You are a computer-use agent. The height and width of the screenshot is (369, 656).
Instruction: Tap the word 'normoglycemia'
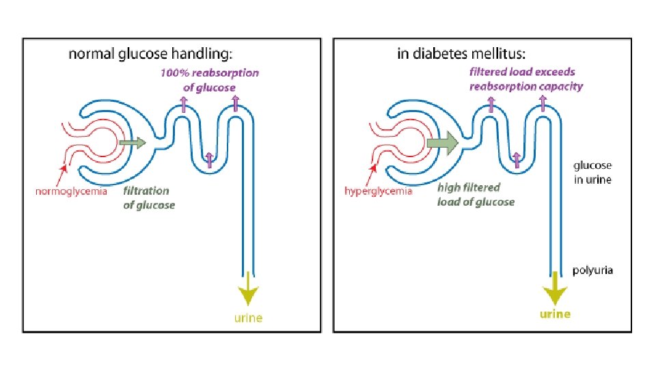point(71,191)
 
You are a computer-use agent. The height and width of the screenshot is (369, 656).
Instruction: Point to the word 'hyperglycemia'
point(378,191)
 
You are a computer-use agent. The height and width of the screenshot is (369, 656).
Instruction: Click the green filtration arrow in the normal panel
point(132,143)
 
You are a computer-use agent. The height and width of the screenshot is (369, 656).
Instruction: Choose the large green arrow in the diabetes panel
point(442,143)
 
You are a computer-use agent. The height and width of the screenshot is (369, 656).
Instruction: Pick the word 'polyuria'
point(592,270)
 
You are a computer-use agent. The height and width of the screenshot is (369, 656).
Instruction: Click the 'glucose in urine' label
point(592,173)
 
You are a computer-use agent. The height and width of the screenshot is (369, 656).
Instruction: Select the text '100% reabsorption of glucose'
point(209,80)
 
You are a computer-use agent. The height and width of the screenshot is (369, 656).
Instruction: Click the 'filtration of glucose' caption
point(148,197)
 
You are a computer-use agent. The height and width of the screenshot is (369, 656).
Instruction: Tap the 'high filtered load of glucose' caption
point(476,195)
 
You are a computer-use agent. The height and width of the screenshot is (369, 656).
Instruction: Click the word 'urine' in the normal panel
point(247,318)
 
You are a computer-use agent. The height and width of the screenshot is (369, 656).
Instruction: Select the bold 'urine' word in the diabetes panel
point(555,314)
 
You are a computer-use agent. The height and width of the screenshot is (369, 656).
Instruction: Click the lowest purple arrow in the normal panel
point(209,159)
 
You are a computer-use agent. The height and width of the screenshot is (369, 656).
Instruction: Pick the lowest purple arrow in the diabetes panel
point(516,159)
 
